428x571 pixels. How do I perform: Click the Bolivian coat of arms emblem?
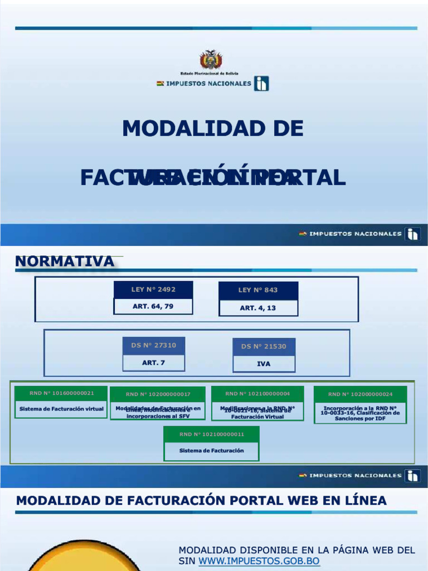click(211, 60)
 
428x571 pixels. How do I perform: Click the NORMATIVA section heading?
click(65, 261)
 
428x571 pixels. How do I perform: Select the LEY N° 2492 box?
click(153, 289)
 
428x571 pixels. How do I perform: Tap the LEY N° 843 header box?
click(258, 290)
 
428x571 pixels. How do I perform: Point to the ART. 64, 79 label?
click(153, 306)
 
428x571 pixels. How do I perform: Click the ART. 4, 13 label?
click(258, 308)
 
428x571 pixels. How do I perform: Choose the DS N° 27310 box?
click(153, 345)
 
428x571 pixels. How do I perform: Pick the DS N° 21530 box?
click(264, 346)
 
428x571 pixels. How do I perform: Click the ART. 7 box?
click(153, 362)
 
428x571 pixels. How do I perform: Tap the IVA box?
click(264, 364)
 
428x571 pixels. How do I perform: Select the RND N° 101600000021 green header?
click(61, 393)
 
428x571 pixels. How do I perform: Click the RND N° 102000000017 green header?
click(158, 394)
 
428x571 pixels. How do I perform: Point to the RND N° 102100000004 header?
click(257, 393)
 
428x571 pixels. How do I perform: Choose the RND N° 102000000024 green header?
click(360, 394)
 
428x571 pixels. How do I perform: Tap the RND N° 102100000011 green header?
click(211, 434)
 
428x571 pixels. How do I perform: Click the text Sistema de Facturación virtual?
click(61, 409)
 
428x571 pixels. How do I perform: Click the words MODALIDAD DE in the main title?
click(213, 129)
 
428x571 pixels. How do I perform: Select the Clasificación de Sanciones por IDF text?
click(360, 416)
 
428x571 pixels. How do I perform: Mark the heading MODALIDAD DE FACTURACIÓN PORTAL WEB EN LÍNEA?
click(201, 501)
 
